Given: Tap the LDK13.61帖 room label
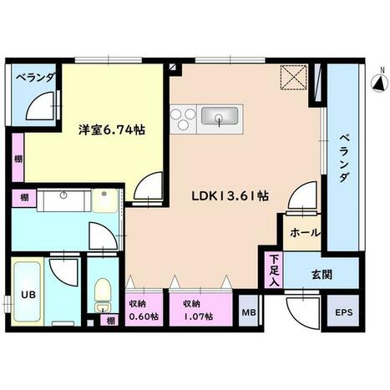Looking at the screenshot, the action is point(230,196).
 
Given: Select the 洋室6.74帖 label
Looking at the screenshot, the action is point(112,129).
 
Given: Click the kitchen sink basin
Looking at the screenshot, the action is point(220,116).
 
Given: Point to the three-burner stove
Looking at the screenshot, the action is point(183,119).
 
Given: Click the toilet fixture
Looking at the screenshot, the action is point(103,296).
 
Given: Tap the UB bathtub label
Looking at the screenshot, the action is point(28,295).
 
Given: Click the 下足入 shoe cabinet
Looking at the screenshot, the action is point(274,270).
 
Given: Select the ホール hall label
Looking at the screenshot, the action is point(305,233).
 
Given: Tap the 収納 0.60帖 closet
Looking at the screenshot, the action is point(144,309).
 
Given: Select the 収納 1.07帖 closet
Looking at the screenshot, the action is point(201,309).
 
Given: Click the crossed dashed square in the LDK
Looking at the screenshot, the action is point(293,78).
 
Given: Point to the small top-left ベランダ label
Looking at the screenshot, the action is point(35,79).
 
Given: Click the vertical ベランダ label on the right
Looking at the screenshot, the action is point(344,158).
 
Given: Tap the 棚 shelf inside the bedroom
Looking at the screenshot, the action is point(18,158).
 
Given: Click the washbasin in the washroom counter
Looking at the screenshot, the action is point(63,195).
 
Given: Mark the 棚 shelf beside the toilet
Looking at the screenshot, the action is point(110,321).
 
